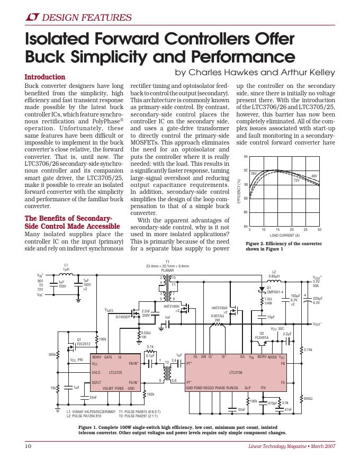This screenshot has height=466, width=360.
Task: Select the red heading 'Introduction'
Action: [45, 77]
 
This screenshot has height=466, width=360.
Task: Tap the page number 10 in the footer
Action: [29, 446]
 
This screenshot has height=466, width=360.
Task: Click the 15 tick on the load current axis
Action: [277, 230]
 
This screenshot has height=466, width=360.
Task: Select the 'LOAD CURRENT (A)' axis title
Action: [284, 235]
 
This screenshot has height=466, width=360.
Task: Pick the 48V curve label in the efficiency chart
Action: [314, 175]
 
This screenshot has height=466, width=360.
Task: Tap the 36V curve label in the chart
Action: [253, 173]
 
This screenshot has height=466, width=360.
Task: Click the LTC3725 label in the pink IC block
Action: [115, 372]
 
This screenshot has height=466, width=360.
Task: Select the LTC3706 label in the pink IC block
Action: [236, 372]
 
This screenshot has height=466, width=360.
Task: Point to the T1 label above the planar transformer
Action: [167, 262]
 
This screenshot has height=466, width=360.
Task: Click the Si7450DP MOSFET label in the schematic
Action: [123, 317]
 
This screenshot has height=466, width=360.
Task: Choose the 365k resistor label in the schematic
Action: [52, 354]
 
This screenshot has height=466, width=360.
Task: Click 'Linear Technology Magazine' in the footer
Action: [277, 446]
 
